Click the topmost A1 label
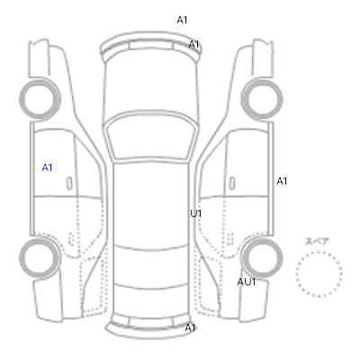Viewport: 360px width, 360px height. tap(182, 20)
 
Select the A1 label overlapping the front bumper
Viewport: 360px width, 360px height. tap(193, 44)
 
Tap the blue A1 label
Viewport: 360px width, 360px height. tap(47, 167)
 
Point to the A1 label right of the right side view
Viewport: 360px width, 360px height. tap(282, 181)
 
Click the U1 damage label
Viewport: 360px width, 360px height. tap(196, 213)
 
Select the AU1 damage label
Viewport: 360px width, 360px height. tap(247, 282)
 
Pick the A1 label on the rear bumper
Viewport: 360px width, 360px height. tap(190, 328)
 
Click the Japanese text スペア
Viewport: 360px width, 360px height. tap(317, 241)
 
